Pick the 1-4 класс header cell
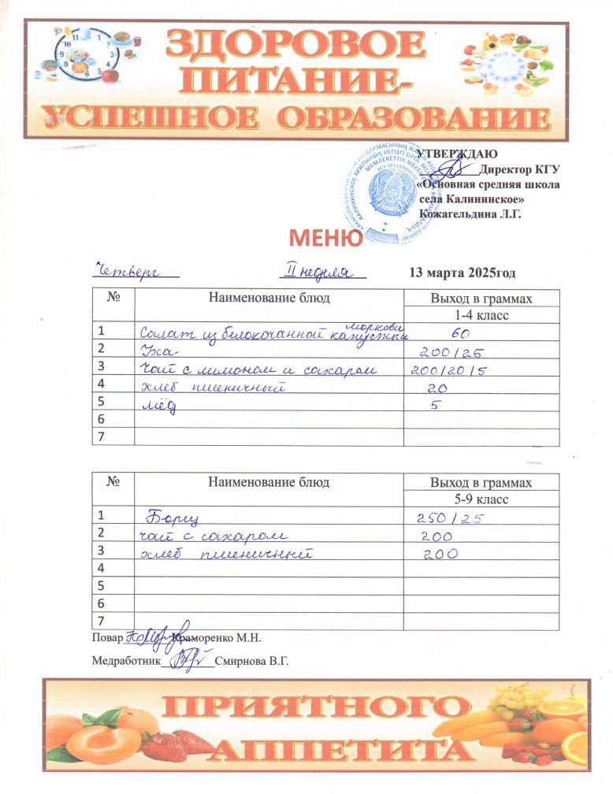(481, 315)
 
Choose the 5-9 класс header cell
(481, 499)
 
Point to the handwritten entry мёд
(158, 406)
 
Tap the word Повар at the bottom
(107, 636)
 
